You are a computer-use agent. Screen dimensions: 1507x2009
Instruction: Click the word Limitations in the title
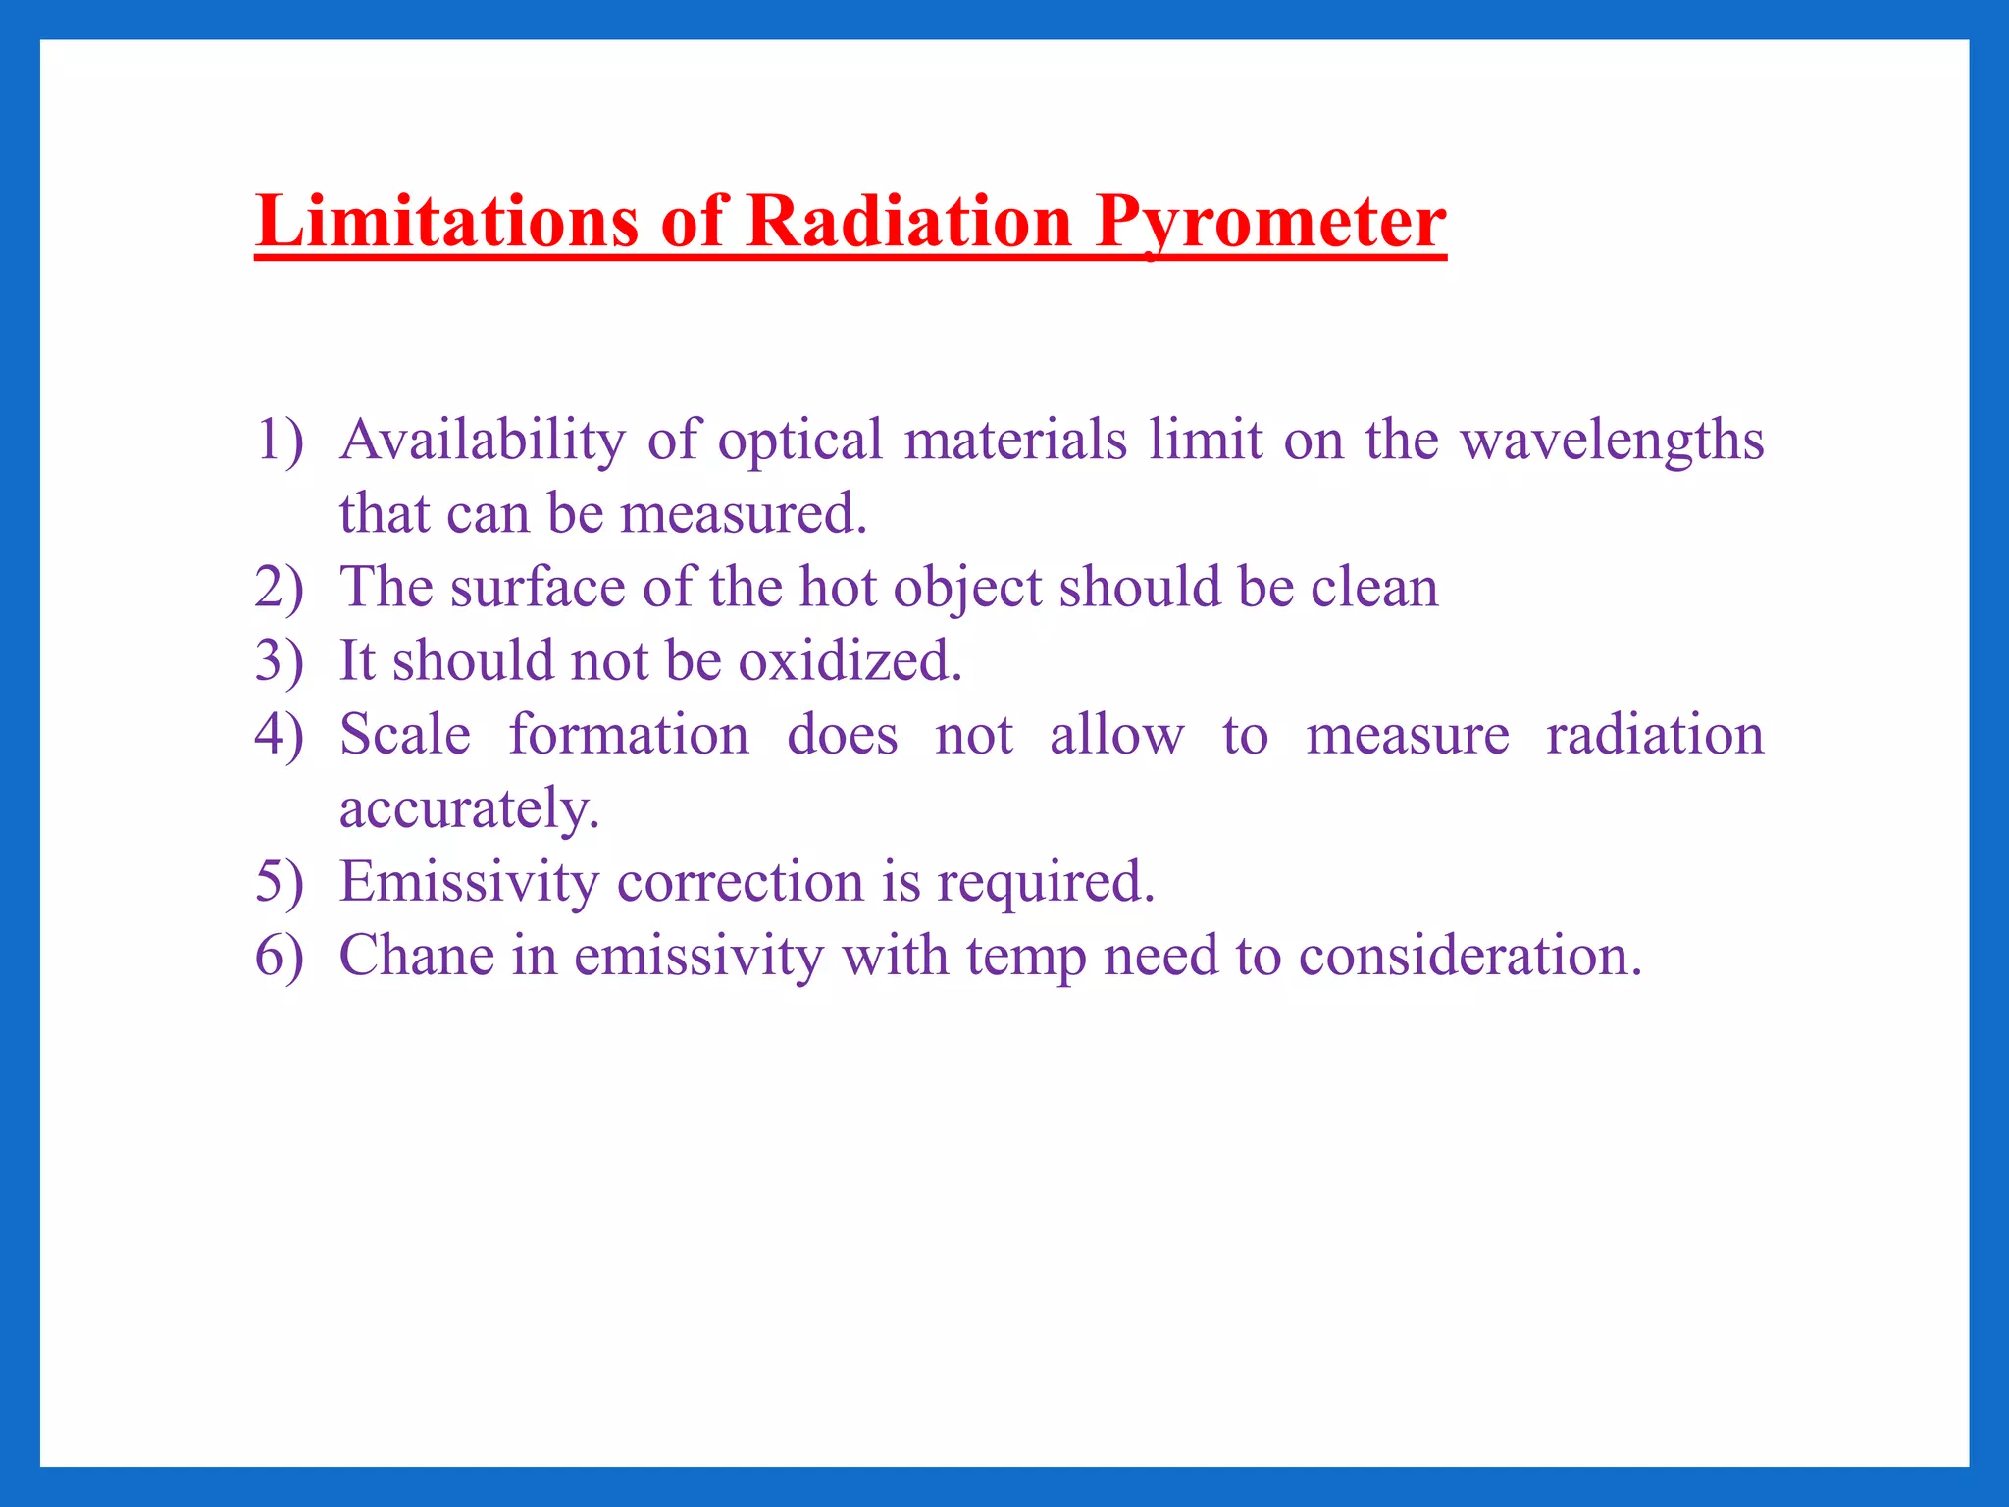coord(446,221)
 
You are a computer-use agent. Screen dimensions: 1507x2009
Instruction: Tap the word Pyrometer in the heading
coord(1270,221)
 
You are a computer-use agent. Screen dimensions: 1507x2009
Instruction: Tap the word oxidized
coord(850,660)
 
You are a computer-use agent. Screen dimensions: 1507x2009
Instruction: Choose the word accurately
coord(469,808)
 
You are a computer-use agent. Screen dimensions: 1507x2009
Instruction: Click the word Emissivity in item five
coord(469,881)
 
